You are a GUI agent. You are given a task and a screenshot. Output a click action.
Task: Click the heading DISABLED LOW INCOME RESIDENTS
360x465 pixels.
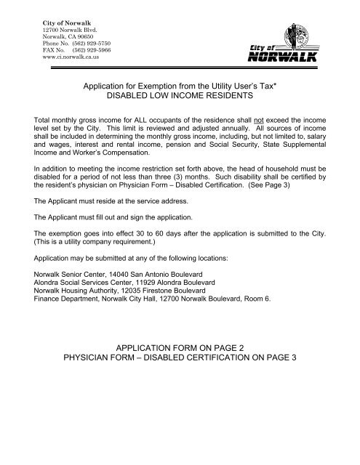[x=180, y=94]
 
